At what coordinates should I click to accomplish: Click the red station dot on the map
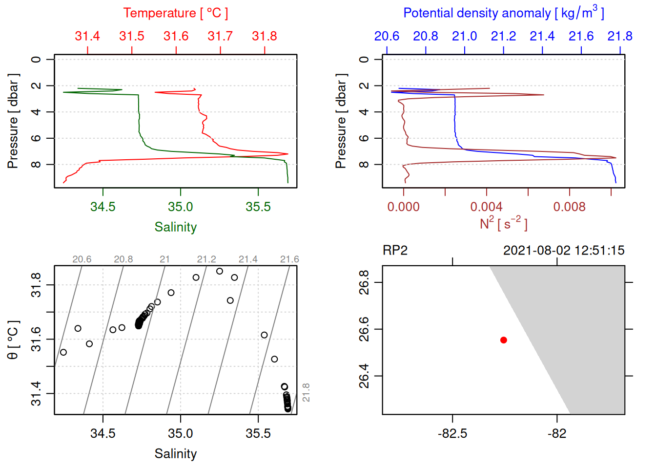pos(504,340)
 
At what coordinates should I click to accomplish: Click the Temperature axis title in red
pos(176,13)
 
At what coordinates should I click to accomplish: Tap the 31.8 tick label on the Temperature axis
pos(265,36)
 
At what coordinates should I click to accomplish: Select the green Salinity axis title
pos(176,227)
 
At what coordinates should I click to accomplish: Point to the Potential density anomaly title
pos(503,13)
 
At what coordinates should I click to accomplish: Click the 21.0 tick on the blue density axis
pos(464,36)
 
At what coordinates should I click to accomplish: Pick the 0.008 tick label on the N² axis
pos(569,207)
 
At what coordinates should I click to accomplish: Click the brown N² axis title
pos(503,223)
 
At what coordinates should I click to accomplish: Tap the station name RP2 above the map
pos(395,251)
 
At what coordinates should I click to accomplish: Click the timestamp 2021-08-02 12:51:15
pos(564,251)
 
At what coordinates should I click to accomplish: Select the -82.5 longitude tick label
pos(452,433)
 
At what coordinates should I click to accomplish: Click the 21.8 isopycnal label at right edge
pos(306,393)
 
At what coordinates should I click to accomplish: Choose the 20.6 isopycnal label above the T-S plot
pos(82,259)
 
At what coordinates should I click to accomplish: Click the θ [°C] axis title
pos(13,340)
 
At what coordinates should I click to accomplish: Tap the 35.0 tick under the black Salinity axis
pos(181,433)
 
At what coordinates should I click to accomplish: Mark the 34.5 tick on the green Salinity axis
pos(103,207)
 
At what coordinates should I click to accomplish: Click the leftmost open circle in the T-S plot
pos(63,352)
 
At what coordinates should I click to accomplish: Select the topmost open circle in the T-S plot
pos(220,271)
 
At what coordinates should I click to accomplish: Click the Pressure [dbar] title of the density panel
pos(341,121)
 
